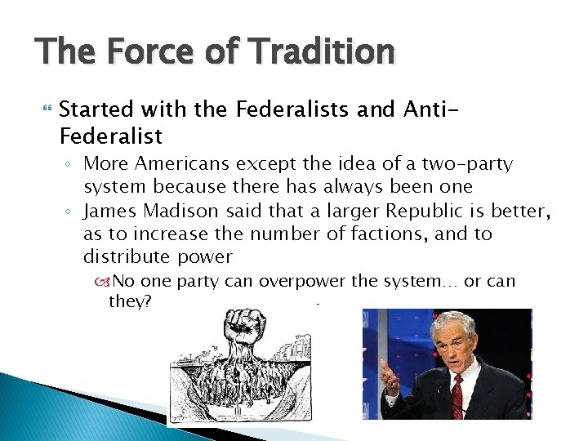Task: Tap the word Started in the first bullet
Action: [97, 109]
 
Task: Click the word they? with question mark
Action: [130, 302]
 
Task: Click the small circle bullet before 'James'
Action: [70, 212]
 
